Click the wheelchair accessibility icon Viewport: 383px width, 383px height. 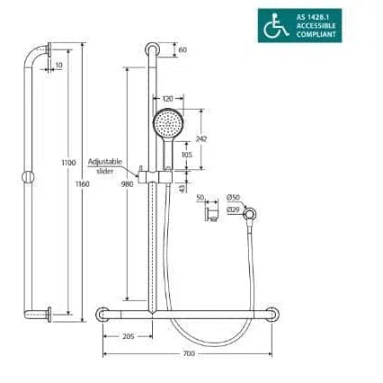coord(276,25)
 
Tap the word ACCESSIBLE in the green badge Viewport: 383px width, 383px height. coord(316,26)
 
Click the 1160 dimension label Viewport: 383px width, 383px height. coord(83,184)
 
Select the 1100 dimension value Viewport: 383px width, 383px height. coord(68,163)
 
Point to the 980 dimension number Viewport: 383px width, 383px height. coord(127,184)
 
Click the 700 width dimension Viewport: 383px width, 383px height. coord(189,353)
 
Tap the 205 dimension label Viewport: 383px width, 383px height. coord(129,336)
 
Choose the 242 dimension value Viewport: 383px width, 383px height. coord(201,138)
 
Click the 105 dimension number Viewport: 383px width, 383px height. coord(187,155)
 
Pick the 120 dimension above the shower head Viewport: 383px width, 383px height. coord(168,98)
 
